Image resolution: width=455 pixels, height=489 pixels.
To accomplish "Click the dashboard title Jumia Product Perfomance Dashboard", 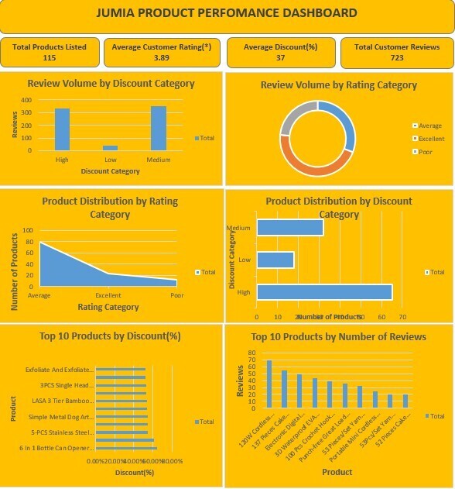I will click(x=227, y=13).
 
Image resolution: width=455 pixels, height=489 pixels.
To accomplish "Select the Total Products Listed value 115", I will click(x=50, y=57).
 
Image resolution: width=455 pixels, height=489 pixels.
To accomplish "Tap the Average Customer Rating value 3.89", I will click(x=162, y=57).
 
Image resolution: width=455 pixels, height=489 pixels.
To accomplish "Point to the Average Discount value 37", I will click(x=280, y=57).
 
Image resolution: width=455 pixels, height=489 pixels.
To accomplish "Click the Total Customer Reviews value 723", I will click(x=396, y=57).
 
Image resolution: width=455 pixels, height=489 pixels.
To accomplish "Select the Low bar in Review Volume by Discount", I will click(x=111, y=147).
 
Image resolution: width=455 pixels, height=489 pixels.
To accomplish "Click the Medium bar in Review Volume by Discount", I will click(x=159, y=129).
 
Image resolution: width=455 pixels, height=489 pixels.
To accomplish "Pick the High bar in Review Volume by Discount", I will click(x=62, y=129).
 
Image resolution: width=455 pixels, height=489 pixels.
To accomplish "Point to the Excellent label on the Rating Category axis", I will click(x=108, y=296).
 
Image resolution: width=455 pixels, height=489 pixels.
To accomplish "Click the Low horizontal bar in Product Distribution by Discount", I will click(x=275, y=260).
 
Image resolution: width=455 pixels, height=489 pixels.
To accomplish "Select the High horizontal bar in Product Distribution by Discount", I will click(x=324, y=292).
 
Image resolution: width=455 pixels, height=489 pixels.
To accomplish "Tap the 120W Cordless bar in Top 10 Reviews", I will click(x=269, y=384).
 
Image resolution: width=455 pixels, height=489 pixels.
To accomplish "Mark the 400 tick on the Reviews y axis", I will click(x=26, y=101).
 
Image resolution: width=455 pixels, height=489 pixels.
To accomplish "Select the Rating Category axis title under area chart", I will click(x=108, y=307).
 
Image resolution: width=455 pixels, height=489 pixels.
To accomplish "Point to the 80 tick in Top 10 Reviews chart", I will click(x=251, y=353).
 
